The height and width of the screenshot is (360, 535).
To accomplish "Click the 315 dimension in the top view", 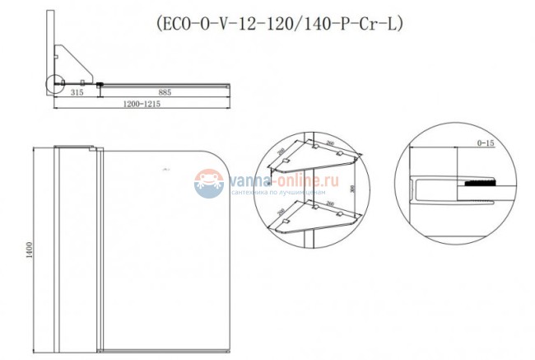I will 77,93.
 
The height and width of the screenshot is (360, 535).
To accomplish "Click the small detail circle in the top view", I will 56,83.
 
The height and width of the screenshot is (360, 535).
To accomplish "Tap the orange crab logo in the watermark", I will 209,182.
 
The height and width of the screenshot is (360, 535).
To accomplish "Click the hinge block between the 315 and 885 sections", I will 99,83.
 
